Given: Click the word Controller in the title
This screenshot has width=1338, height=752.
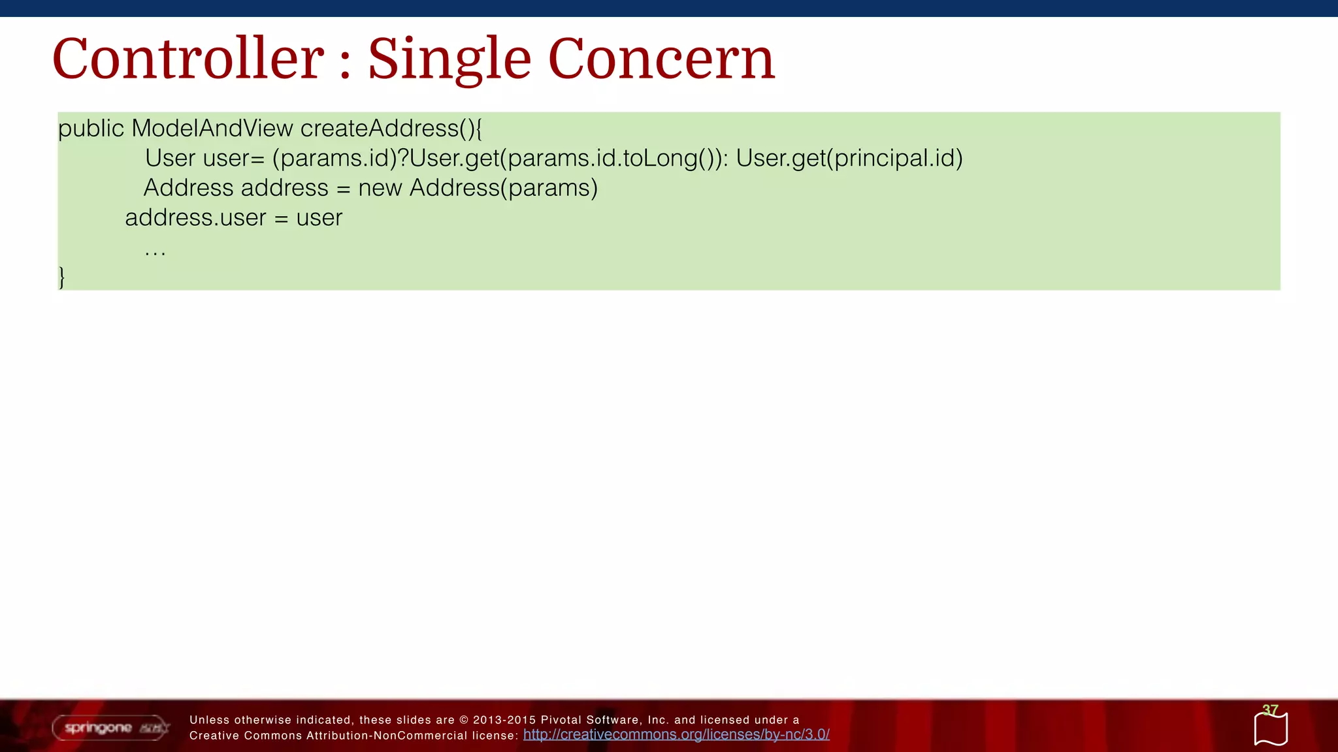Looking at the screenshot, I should pyautogui.click(x=188, y=59).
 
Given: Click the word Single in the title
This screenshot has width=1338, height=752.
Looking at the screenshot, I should pyautogui.click(x=449, y=59).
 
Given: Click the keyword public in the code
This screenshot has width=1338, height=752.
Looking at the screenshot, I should pyautogui.click(x=91, y=129).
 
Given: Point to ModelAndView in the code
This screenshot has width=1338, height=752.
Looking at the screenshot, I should pyautogui.click(x=212, y=128).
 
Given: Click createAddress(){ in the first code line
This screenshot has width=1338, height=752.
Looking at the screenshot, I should pyautogui.click(x=391, y=128).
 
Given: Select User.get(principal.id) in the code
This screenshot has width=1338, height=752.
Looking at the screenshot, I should pyautogui.click(x=849, y=158).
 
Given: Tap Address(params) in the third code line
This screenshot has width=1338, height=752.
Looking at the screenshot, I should pyautogui.click(x=504, y=188).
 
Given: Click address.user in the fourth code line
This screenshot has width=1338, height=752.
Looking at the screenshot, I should pyautogui.click(x=195, y=217).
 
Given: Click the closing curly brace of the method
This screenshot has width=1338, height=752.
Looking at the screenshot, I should pyautogui.click(x=62, y=277).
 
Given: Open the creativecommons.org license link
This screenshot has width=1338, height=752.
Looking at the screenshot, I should pyautogui.click(x=676, y=734).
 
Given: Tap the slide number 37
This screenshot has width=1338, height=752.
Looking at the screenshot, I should pyautogui.click(x=1270, y=710).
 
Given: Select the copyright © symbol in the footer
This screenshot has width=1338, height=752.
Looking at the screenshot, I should pyautogui.click(x=464, y=720).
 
